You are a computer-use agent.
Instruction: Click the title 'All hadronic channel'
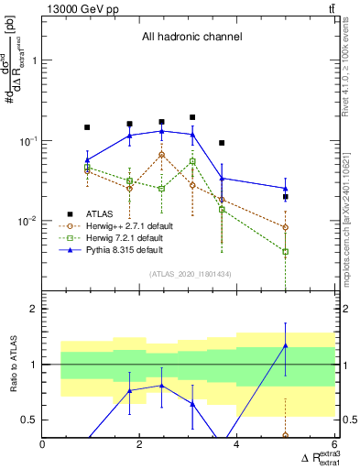[191, 38]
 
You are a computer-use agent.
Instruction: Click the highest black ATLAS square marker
[192, 117]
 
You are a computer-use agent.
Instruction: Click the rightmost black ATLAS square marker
[286, 197]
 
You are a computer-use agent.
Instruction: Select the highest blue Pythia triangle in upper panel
[162, 131]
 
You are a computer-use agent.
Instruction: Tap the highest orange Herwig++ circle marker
[162, 155]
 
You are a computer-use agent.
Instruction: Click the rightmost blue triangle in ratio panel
[286, 345]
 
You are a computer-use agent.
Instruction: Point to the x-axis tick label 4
[237, 446]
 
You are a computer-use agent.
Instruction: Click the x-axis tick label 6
[334, 446]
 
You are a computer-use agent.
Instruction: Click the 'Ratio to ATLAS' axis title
[12, 366]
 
